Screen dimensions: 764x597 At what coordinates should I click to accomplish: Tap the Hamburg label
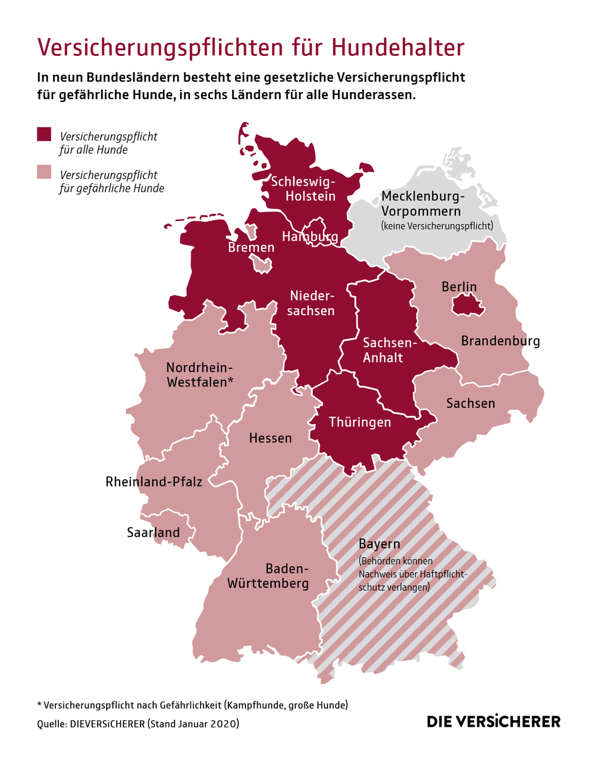pyautogui.click(x=310, y=237)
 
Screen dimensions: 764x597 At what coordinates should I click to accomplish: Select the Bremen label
pyautogui.click(x=251, y=248)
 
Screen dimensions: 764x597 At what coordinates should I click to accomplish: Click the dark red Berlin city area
pyautogui.click(x=468, y=304)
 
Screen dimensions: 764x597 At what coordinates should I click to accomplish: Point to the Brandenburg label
pyautogui.click(x=500, y=341)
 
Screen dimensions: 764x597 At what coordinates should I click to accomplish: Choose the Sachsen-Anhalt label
pyautogui.click(x=383, y=350)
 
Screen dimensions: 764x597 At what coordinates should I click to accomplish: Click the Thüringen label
pyautogui.click(x=360, y=422)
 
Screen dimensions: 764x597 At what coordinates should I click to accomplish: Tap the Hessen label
pyautogui.click(x=270, y=438)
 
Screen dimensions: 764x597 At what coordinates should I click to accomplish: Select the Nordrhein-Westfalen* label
pyautogui.click(x=199, y=375)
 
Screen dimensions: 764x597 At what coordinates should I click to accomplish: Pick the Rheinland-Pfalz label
pyautogui.click(x=154, y=482)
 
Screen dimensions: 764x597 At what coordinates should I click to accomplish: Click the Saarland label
pyautogui.click(x=153, y=533)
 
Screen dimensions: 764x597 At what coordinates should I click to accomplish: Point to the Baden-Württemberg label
pyautogui.click(x=268, y=576)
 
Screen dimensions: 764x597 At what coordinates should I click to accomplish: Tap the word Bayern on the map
pyautogui.click(x=379, y=544)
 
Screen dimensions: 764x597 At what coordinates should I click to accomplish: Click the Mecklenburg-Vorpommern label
pyautogui.click(x=422, y=203)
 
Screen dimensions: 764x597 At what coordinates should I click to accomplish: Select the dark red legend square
pyautogui.click(x=44, y=134)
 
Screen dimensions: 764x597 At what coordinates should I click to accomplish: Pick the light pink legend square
pyautogui.click(x=44, y=172)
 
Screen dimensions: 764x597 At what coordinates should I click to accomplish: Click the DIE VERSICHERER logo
pyautogui.click(x=493, y=721)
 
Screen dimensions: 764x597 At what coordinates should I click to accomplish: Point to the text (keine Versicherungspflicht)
pyautogui.click(x=437, y=226)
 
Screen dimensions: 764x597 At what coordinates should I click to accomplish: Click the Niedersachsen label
pyautogui.click(x=311, y=303)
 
